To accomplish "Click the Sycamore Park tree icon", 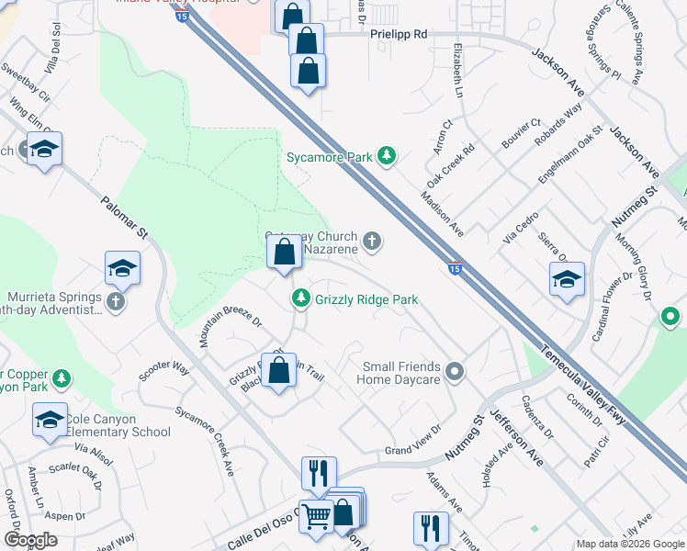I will pos(388,157).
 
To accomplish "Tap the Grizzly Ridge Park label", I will pos(366,299).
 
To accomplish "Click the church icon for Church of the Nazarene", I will pos(372,242).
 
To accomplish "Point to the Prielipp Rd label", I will pos(400,34).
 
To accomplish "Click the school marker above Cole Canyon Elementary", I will pos(50,421).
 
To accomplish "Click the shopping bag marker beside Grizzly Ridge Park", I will pos(284,251).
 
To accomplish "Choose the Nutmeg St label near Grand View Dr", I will pos(464,440).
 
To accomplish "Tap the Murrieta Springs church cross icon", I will pos(115,301).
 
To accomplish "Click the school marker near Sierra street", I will pos(567,279).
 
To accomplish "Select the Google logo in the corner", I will pos(31,540).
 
